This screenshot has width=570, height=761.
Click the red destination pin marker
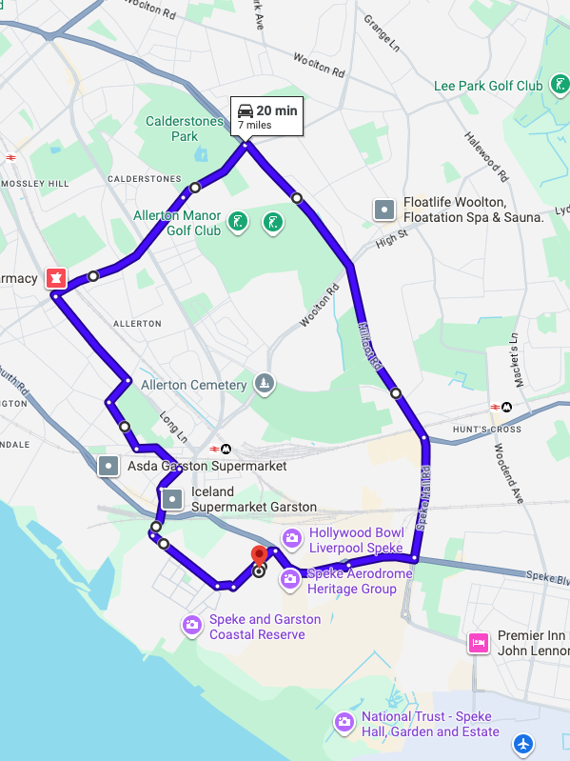tap(259, 556)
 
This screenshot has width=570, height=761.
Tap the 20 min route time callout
tap(267, 116)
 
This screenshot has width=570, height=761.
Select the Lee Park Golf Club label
tap(487, 86)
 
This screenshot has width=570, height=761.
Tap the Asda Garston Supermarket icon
tap(109, 466)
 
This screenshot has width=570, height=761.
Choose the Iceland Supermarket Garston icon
tap(171, 498)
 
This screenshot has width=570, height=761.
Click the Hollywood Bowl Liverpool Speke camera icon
tap(292, 539)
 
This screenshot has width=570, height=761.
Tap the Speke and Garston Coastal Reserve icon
tap(192, 625)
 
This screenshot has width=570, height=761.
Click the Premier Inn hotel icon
tap(479, 643)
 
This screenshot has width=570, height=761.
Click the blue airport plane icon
tap(523, 741)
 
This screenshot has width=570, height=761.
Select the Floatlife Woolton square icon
tap(384, 210)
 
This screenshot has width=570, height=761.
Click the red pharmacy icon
tap(56, 278)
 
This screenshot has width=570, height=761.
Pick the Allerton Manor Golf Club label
tap(177, 223)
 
